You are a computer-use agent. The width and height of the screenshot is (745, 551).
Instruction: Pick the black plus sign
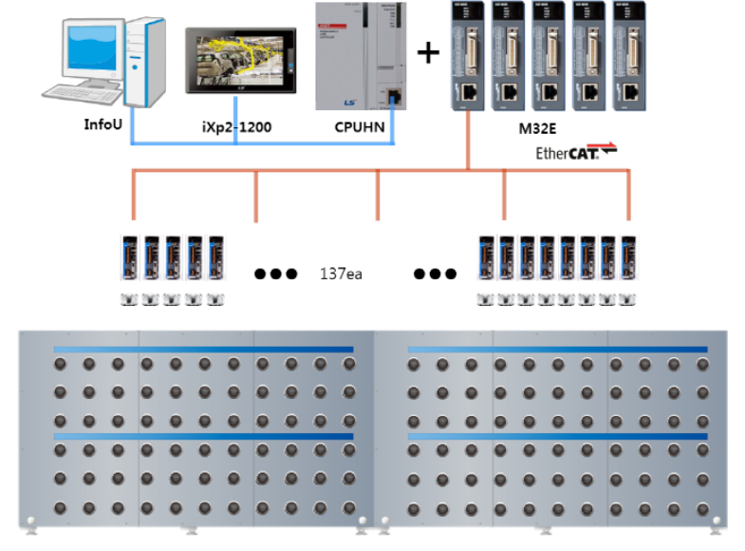point(430,52)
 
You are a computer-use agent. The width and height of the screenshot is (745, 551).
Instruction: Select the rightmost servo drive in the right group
point(627,259)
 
